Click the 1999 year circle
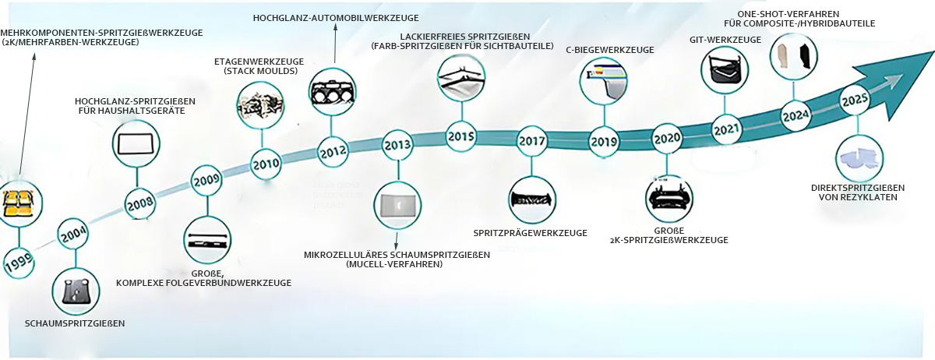click(x=19, y=263)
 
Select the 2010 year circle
click(x=266, y=164)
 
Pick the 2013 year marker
click(x=397, y=146)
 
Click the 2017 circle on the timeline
click(x=531, y=141)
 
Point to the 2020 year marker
click(x=667, y=138)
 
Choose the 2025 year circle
click(x=855, y=101)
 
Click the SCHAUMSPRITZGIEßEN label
click(x=75, y=323)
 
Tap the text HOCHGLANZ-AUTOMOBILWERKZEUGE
click(x=336, y=18)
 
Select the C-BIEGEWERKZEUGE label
click(x=610, y=50)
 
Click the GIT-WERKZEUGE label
click(x=725, y=40)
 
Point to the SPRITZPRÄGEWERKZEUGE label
click(x=530, y=233)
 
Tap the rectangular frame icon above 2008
click(x=136, y=144)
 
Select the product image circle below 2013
click(x=397, y=206)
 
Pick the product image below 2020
click(x=669, y=199)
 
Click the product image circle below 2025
click(x=859, y=159)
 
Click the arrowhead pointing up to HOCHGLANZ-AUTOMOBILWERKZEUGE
click(x=335, y=27)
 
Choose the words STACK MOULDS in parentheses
click(x=261, y=71)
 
